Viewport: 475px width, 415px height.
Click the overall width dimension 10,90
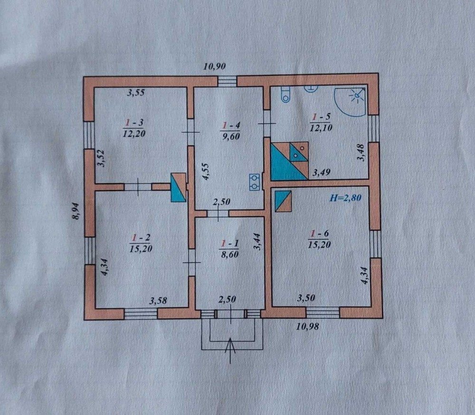coord(215,66)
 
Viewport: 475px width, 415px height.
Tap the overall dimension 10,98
coord(307,326)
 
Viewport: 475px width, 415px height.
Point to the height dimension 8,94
coord(76,211)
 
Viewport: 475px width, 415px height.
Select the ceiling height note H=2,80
coord(345,198)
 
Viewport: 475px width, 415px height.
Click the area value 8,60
coord(230,255)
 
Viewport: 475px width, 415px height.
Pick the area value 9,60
coord(231,136)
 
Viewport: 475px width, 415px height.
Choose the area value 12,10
coord(321,128)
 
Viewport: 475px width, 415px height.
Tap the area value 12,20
coord(134,133)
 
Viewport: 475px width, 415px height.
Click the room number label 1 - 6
coord(320,234)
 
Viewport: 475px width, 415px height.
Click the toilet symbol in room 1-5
coord(285,94)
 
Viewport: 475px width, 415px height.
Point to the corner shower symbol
coord(351,102)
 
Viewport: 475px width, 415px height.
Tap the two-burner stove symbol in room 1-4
coord(255,182)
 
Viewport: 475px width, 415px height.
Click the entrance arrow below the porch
coord(230,350)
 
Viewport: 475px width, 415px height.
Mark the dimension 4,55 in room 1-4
coord(206,172)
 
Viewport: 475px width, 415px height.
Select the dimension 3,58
coord(159,301)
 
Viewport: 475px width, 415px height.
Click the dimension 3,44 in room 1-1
coord(257,241)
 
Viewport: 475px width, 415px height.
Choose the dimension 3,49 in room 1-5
coord(322,172)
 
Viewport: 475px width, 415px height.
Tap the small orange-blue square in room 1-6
coord(283,201)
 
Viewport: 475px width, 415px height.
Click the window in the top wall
coord(227,81)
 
